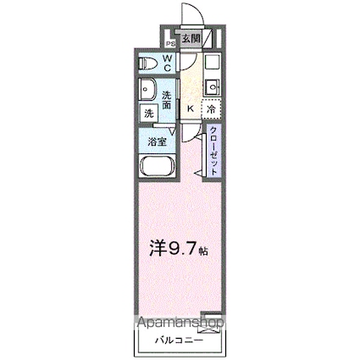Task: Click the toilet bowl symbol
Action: click(x=149, y=62)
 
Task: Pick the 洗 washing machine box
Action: click(x=148, y=112)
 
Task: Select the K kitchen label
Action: click(x=190, y=108)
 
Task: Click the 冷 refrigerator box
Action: click(x=209, y=108)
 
